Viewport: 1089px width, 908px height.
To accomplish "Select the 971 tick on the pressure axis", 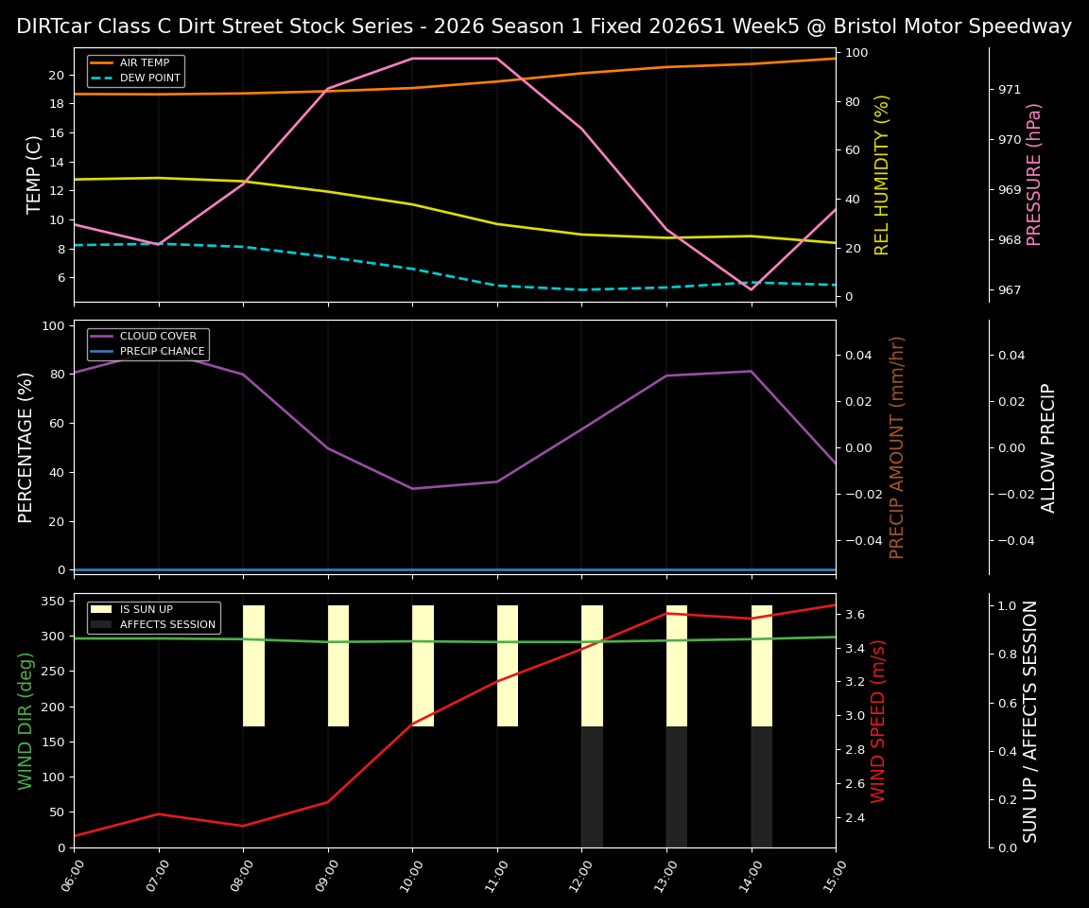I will pyautogui.click(x=1010, y=90).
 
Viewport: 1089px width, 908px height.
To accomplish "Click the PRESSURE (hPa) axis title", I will pyautogui.click(x=1034, y=174).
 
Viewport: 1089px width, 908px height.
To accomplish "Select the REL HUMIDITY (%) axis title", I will pyautogui.click(x=882, y=174).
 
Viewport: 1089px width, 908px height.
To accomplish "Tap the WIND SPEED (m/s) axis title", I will pyautogui.click(x=879, y=721).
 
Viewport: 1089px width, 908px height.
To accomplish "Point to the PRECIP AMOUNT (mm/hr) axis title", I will pyautogui.click(x=897, y=447).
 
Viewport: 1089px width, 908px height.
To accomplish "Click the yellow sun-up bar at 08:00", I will pyautogui.click(x=253, y=666).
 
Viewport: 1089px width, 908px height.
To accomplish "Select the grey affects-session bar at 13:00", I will pyautogui.click(x=677, y=786).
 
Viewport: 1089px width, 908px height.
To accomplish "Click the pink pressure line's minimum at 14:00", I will pyautogui.click(x=752, y=288).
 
